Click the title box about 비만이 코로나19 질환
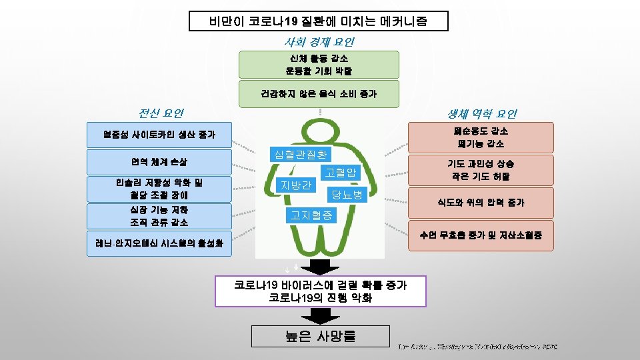tap(319, 21)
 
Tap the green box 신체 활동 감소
tap(319, 65)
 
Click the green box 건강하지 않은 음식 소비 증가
tap(319, 93)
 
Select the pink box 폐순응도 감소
tap(481, 137)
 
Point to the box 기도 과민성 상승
tap(481, 170)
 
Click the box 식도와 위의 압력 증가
tap(481, 202)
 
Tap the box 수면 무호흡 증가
tap(481, 235)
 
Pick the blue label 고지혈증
tap(312, 215)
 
